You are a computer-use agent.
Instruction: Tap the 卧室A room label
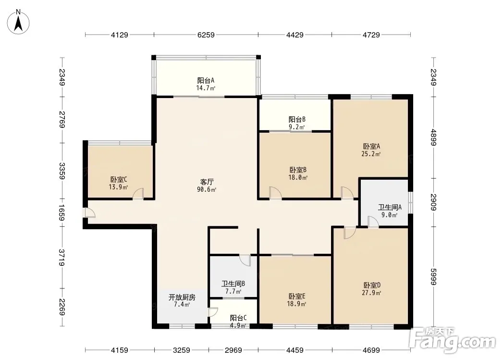coord(371,146)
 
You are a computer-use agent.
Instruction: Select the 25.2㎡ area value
coord(371,154)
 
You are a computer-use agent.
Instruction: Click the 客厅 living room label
coord(207,182)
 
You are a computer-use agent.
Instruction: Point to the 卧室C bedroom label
coord(119,179)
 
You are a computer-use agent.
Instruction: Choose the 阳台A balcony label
coord(206,80)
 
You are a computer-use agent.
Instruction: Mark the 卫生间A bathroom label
coord(390,207)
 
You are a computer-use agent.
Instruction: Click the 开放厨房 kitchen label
coord(182,297)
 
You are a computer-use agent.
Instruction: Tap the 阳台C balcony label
coord(238,318)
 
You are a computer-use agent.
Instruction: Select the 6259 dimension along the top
coord(206,35)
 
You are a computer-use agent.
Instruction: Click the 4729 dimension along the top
coord(371,35)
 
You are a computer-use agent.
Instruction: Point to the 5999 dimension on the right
coord(433,276)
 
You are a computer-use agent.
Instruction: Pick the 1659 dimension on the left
coord(62,213)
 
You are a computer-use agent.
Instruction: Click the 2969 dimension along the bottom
coord(234,350)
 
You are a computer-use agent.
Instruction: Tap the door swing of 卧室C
coord(138,193)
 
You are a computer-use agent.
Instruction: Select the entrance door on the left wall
coord(89,213)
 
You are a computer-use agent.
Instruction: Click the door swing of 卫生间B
coord(245,260)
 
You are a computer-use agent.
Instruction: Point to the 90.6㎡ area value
coord(207,190)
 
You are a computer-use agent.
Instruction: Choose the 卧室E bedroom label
coord(296,296)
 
